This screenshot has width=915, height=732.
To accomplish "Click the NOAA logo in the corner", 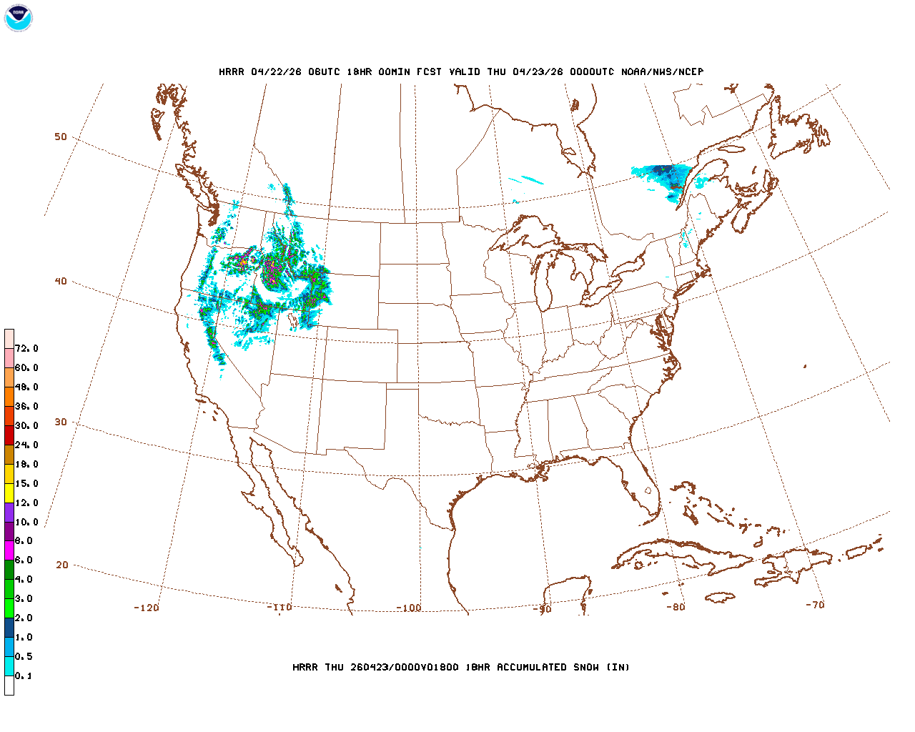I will coord(18,18).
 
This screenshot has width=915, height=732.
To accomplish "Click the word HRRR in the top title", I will coord(232,71).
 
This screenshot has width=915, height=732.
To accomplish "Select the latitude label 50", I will coord(61,137).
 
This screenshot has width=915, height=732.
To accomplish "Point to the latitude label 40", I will coord(61,281).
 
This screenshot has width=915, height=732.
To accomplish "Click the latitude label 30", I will coord(61,422).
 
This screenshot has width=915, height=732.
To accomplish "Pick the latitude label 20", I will coord(62,565).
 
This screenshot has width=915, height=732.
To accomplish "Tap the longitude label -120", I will coord(147,608).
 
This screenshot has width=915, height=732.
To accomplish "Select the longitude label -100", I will coord(409,608).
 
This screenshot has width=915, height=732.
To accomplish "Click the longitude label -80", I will coord(676,607).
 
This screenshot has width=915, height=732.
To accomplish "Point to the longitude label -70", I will coord(815,605).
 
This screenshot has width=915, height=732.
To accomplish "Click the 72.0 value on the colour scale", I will coord(26,348).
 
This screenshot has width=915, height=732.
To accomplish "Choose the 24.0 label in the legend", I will coord(26,445).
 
